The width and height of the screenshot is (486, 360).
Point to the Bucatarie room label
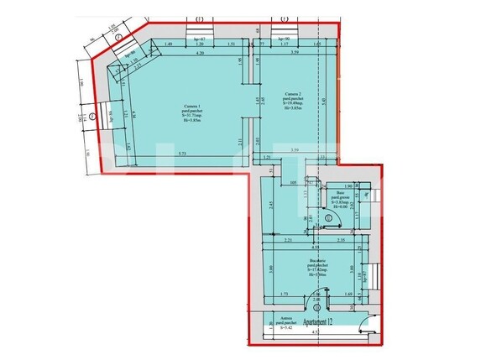[316, 266]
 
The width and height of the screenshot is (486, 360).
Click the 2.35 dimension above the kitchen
[342, 241]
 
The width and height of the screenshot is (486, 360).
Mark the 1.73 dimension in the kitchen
[285, 295]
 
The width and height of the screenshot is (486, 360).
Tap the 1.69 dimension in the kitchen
[348, 295]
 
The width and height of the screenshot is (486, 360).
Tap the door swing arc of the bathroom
[330, 217]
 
